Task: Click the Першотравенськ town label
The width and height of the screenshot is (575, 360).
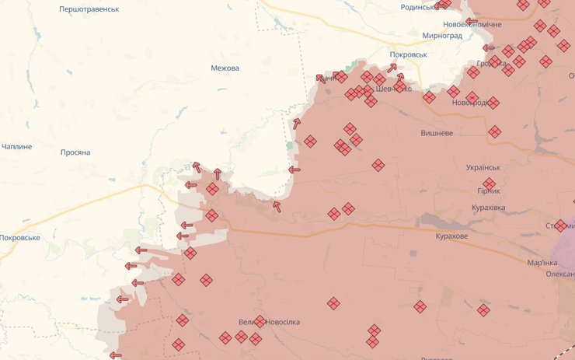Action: pos(89,9)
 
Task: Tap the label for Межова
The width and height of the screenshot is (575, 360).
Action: pos(225,68)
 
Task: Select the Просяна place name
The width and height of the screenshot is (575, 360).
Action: pos(75,152)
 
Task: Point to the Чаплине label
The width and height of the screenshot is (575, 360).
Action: pos(17,147)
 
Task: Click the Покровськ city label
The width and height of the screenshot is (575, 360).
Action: pos(409,55)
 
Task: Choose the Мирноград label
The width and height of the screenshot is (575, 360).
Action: pos(442,36)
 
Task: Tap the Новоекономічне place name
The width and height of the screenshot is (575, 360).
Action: pos(472,25)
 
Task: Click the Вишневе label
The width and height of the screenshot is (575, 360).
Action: pos(437,134)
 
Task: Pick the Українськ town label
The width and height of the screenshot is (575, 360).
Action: pos(483,168)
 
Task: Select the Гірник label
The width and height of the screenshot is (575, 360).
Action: pos(489,191)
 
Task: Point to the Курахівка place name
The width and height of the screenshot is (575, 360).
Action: pos(489,208)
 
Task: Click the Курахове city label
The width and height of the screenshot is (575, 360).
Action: pos(451,236)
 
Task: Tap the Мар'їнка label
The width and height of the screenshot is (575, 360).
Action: pos(542,263)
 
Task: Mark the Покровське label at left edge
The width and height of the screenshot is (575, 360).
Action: pos(19,238)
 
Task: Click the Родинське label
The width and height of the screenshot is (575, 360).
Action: pos(420,7)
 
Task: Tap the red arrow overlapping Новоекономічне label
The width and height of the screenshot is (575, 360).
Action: pos(471,21)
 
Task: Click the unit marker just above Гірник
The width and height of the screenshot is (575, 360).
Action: pos(489,183)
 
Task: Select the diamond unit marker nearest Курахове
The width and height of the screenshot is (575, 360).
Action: pos(420,306)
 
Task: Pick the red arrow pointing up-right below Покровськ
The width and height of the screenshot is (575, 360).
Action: pos(392,68)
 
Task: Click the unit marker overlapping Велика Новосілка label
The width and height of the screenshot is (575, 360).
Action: pos(260,321)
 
